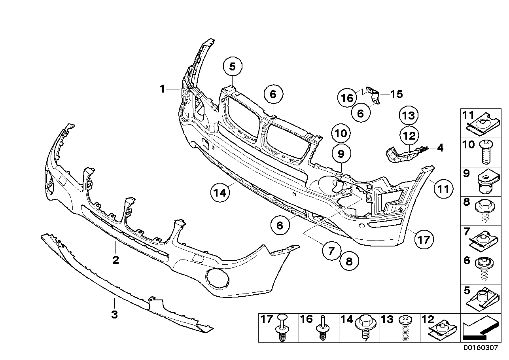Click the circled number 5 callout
233,67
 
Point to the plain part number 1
162,89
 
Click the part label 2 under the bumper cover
115,260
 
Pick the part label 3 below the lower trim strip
114,315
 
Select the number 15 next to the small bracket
396,94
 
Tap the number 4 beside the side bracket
440,149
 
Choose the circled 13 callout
409,116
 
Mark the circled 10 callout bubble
341,133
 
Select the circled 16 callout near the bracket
347,97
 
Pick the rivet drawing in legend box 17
282,328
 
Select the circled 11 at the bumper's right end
443,189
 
